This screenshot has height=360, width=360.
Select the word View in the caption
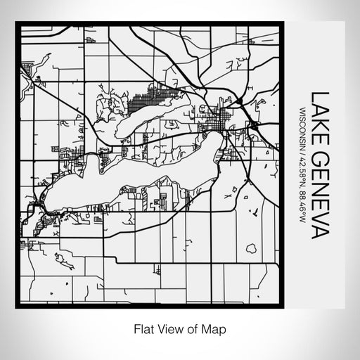[x=166, y=328]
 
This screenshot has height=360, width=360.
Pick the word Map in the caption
[x=215, y=328]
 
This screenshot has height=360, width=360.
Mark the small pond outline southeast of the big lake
[x=251, y=248]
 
